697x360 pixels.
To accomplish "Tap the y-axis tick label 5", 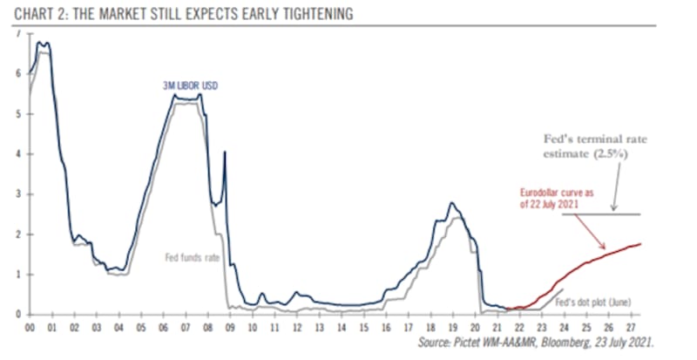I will tap(18, 114).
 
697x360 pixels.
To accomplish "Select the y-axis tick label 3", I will tap(18, 194).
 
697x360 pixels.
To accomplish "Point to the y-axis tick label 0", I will tap(18, 315).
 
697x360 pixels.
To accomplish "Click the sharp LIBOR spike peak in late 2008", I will tap(225, 153).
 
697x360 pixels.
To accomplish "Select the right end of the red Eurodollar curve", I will tap(641, 244).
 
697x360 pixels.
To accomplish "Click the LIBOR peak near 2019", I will tap(451, 203).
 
